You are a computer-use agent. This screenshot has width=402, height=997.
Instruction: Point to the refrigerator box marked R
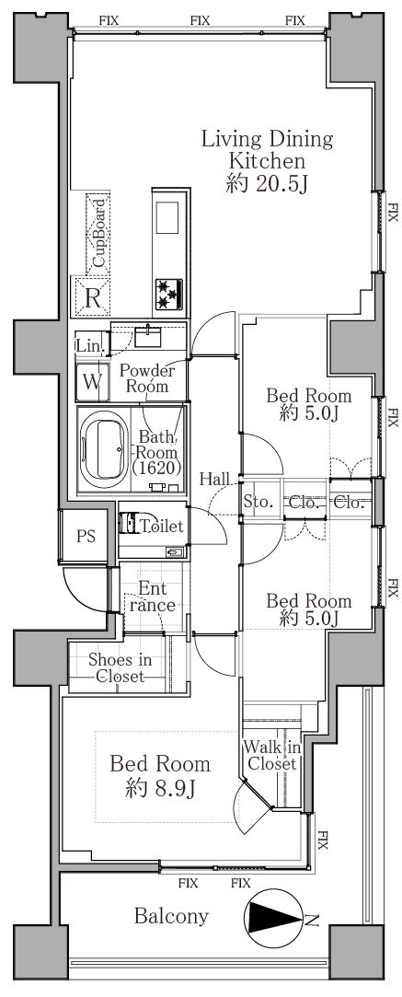(x=93, y=297)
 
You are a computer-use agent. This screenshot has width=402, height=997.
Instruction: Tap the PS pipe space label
(x=86, y=536)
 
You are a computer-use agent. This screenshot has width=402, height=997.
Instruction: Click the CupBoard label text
(x=98, y=232)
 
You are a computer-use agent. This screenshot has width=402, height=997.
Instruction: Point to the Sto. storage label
(x=258, y=503)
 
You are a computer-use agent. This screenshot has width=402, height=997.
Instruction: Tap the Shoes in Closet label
(x=120, y=667)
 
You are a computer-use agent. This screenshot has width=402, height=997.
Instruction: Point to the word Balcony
(x=171, y=916)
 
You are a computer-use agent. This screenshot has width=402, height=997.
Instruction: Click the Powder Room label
(x=146, y=377)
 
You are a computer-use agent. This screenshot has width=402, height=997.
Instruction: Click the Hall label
(x=215, y=479)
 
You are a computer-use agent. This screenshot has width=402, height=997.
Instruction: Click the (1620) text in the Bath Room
(x=157, y=469)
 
